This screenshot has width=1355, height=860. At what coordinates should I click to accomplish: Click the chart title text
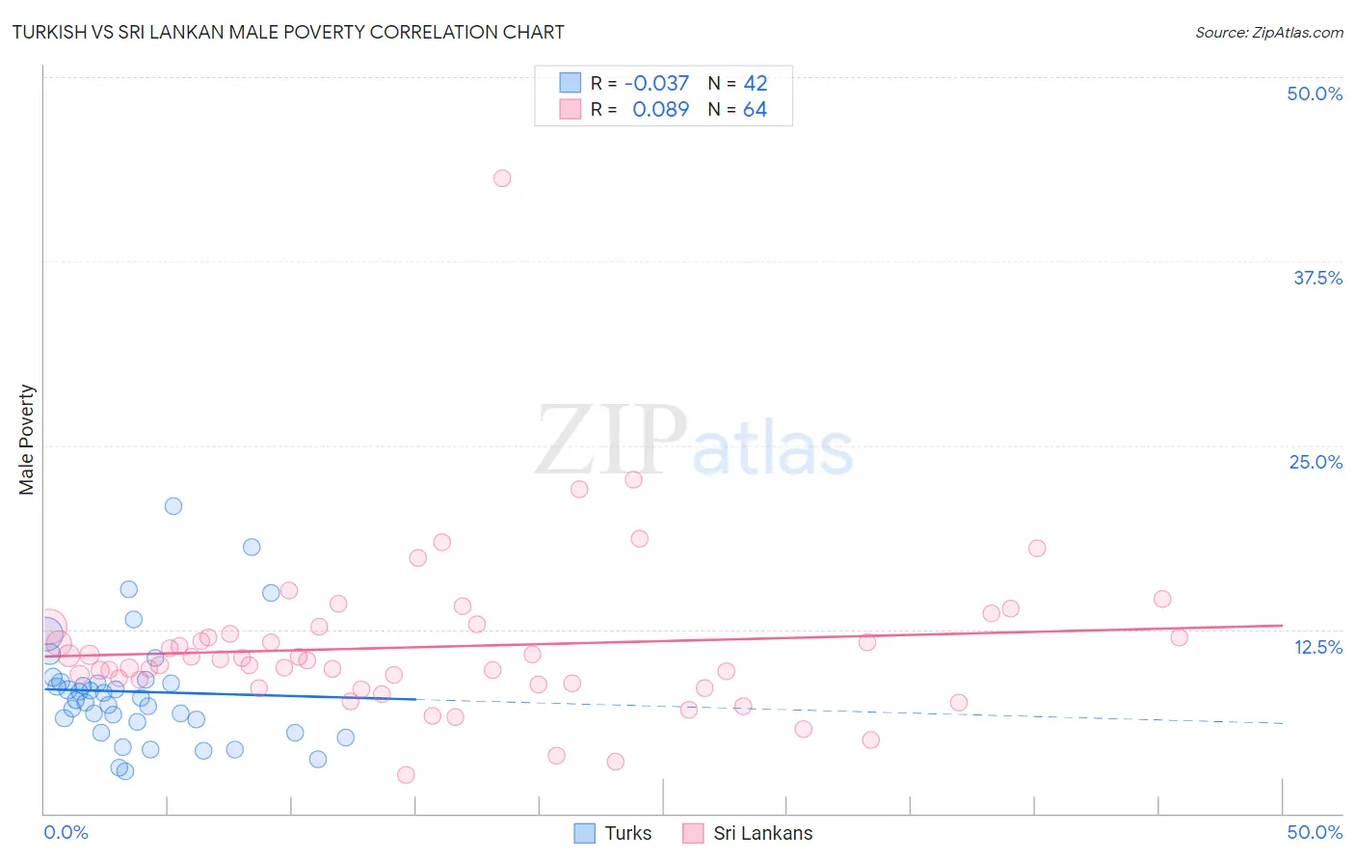[x=288, y=32]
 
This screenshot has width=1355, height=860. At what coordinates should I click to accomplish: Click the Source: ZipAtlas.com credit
[x=1268, y=32]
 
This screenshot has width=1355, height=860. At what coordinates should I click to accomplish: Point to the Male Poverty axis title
[x=27, y=440]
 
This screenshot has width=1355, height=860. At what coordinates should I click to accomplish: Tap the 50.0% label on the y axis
[x=1315, y=94]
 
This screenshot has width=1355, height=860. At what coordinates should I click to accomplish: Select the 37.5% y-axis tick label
[x=1317, y=278]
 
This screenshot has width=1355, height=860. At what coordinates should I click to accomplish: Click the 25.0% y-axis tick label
[x=1315, y=462]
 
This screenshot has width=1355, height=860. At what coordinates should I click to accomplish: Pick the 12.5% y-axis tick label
[x=1317, y=647]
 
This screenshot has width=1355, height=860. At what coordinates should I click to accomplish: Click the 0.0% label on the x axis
[x=66, y=832]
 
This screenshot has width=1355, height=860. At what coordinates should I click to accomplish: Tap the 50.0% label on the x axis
[x=1315, y=832]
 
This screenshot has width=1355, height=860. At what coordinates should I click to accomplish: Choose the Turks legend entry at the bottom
[x=613, y=833]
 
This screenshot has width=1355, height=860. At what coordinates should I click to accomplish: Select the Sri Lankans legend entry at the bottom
[x=748, y=833]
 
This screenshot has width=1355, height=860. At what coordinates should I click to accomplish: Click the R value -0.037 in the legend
[x=656, y=84]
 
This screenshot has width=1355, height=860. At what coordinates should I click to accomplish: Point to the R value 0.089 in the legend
[x=660, y=110]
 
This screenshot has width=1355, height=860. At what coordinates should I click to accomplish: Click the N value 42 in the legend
[x=755, y=84]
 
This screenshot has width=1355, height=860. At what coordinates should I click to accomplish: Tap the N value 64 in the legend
[x=755, y=110]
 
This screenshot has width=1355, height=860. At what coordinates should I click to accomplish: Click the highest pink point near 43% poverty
[x=502, y=178]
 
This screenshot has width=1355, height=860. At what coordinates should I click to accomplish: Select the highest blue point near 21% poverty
[x=173, y=506]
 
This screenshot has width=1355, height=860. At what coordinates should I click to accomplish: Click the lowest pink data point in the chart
[x=406, y=775]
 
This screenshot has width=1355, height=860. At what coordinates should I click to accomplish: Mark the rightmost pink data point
[x=1179, y=637]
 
